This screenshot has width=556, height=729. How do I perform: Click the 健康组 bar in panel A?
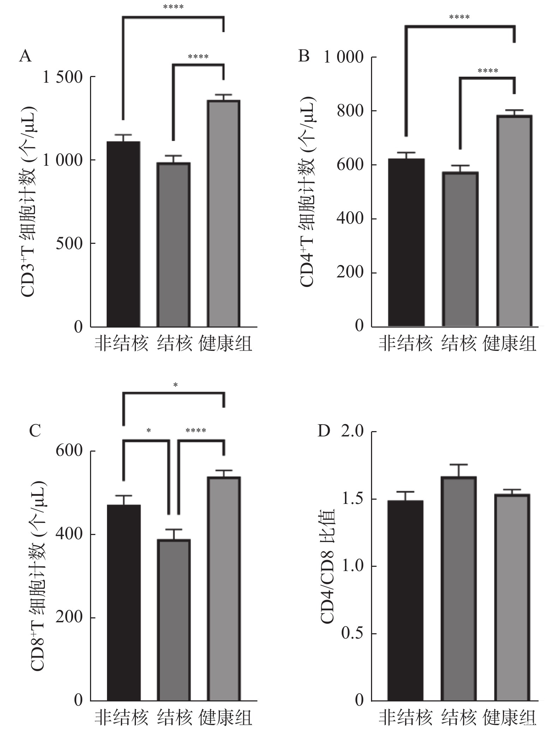coord(223,213)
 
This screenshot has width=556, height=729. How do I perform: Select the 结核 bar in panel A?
coord(174,245)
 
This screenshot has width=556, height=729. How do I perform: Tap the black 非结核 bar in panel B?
coord(406,242)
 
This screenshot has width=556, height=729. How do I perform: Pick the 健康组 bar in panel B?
coord(514,221)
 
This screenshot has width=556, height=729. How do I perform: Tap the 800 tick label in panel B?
coord(350,111)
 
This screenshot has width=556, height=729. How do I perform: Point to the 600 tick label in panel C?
coord(69,451)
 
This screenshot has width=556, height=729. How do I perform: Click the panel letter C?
coord(35,431)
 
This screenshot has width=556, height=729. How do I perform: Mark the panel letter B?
coord(304,56)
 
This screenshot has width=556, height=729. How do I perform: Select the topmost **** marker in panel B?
coord(459,17)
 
